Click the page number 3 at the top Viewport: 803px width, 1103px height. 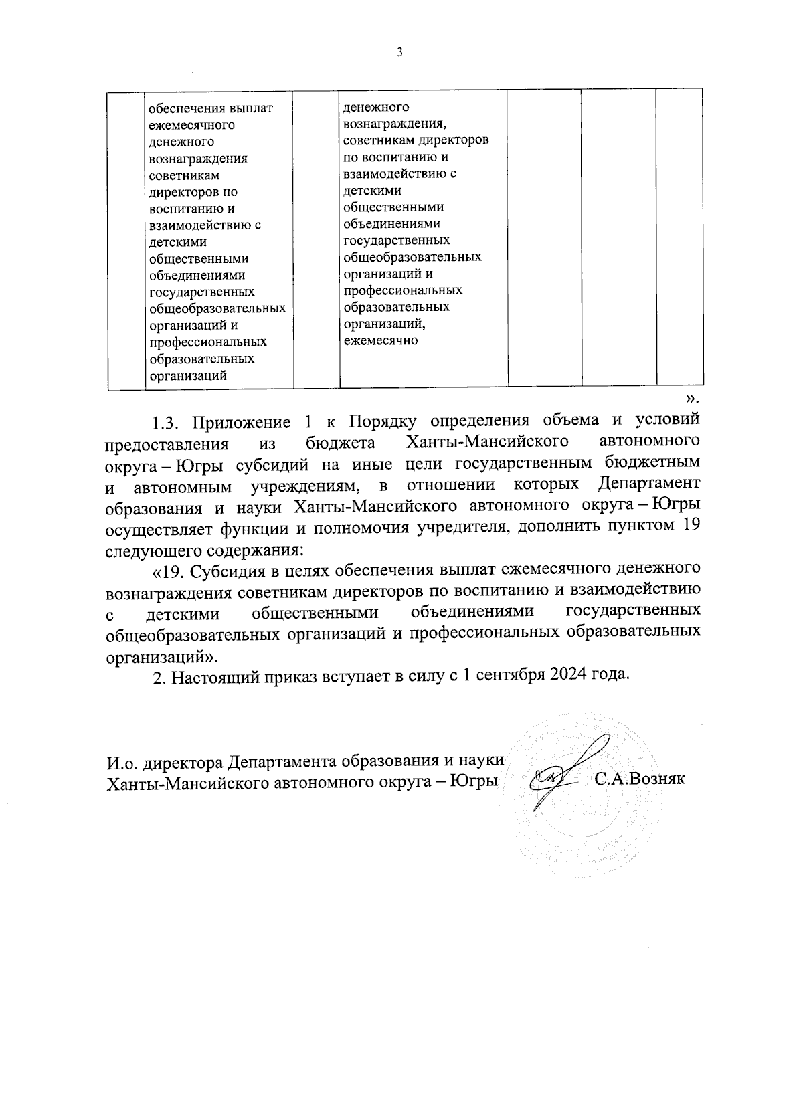399,53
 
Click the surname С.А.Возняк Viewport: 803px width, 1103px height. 639,779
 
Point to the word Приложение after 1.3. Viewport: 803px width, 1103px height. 242,422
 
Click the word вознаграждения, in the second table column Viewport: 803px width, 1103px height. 393,124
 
